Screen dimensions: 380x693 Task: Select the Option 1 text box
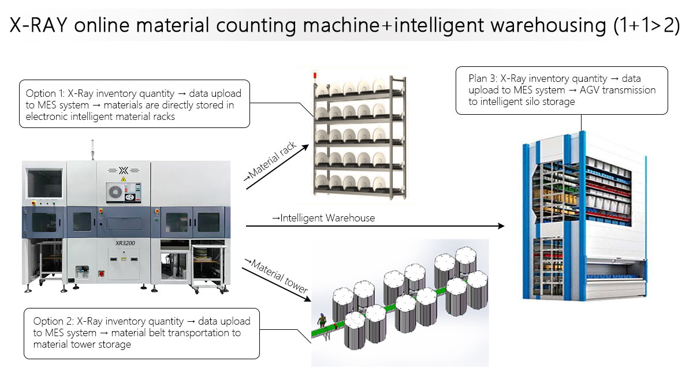click(x=135, y=104)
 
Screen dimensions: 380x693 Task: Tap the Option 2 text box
click(x=141, y=333)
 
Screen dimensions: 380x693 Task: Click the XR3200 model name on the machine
click(x=124, y=243)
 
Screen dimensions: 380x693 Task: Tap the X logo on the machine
click(x=122, y=171)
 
